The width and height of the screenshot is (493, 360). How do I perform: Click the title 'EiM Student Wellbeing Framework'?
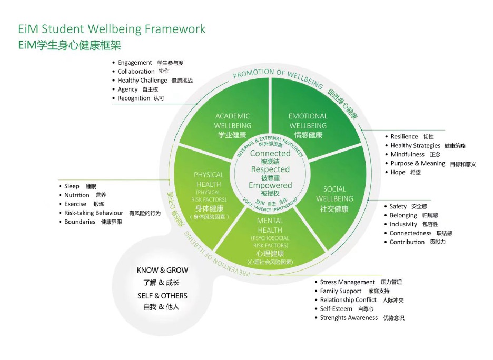click(x=111, y=29)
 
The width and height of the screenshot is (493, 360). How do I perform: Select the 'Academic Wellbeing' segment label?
click(x=232, y=121)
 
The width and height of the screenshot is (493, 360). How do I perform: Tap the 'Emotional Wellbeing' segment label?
click(x=308, y=121)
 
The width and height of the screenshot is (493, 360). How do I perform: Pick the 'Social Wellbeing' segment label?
click(x=334, y=194)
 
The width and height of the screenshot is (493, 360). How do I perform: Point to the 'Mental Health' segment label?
click(x=270, y=226)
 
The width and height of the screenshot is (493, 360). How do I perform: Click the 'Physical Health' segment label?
click(x=209, y=179)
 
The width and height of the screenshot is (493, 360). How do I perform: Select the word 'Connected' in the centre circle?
click(x=270, y=153)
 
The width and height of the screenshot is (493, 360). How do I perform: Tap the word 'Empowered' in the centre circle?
click(x=270, y=185)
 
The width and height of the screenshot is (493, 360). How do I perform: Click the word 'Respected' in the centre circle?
click(x=270, y=169)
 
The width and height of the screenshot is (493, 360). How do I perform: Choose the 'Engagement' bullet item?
click(x=135, y=63)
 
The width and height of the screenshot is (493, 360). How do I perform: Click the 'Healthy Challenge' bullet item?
click(x=142, y=81)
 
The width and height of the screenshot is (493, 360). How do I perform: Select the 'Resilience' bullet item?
click(x=404, y=137)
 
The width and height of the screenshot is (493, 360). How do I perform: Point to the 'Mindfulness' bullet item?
click(x=407, y=155)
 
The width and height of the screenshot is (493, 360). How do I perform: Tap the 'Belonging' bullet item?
click(x=403, y=215)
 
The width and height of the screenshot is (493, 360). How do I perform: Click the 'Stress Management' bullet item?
click(x=347, y=282)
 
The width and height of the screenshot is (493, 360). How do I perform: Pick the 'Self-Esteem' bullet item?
click(x=336, y=309)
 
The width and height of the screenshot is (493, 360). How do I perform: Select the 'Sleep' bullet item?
click(x=72, y=186)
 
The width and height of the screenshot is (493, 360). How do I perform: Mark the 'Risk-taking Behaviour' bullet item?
click(x=93, y=213)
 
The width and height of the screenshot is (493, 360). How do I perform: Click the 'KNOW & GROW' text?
click(x=162, y=271)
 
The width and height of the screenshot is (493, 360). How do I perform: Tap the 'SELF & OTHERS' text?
click(x=162, y=296)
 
